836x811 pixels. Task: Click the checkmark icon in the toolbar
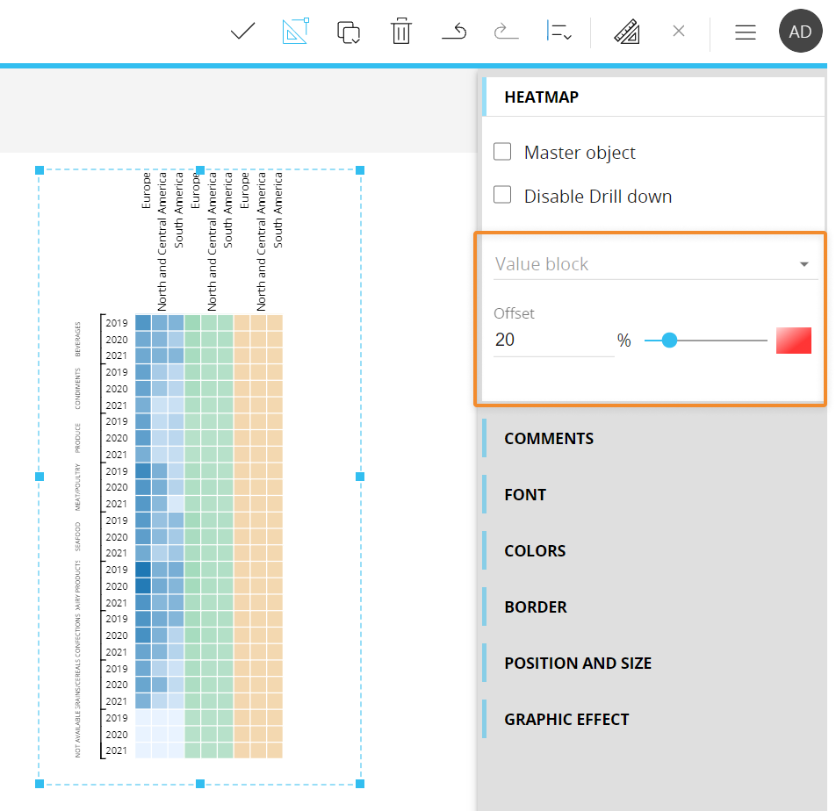(x=242, y=32)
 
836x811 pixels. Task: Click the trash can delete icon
(x=401, y=32)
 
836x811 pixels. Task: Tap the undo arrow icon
(x=454, y=32)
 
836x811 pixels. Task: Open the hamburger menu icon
(x=746, y=32)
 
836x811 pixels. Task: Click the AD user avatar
(x=800, y=32)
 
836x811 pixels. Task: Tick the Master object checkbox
(x=502, y=152)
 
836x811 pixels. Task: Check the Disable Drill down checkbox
(x=502, y=195)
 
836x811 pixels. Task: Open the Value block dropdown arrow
(x=804, y=264)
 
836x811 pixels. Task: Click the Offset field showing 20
(x=553, y=340)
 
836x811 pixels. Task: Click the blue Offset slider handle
(x=669, y=341)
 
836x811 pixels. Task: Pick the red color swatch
(x=793, y=341)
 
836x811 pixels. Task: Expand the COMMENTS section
(x=549, y=438)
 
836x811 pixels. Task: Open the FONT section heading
(x=525, y=494)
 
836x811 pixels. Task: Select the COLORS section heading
(x=535, y=550)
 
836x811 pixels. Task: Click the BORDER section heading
(x=536, y=606)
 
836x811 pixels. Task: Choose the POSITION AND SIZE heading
(x=578, y=663)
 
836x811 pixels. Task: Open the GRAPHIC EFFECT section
(x=566, y=719)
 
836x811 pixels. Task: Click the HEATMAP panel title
(x=541, y=97)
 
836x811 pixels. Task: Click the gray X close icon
(x=678, y=32)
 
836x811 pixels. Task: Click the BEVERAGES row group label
(x=77, y=338)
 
